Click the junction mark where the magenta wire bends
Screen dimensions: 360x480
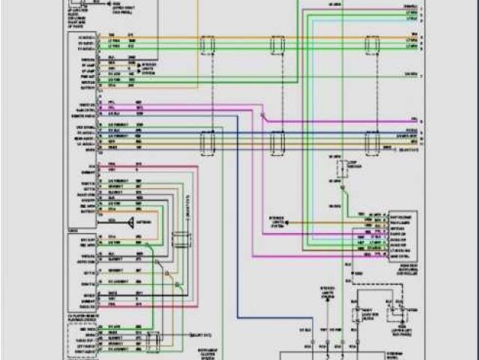(x=262, y=115)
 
